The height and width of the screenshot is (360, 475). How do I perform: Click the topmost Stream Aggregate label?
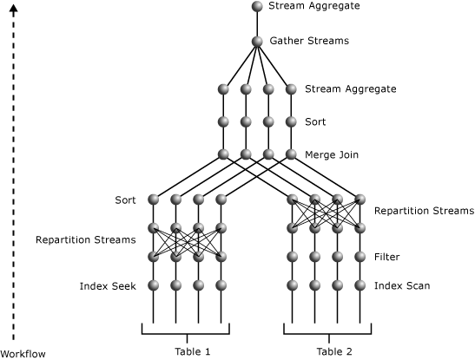pos(313,6)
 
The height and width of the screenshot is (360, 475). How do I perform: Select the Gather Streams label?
pos(309,41)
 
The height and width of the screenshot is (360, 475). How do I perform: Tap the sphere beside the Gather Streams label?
pos(257,41)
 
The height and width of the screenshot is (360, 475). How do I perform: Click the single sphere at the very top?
pos(257,6)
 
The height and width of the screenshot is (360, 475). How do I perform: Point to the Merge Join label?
pos(332,155)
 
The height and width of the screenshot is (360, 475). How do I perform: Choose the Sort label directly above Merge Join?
pos(315,122)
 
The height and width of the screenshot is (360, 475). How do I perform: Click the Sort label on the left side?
pos(125,200)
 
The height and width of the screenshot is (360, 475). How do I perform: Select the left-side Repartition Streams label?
pos(85,239)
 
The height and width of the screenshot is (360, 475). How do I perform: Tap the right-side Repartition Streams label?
pos(424,211)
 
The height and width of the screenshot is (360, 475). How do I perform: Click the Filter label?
pos(386,258)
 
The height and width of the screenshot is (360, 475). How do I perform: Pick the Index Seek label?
pos(107,285)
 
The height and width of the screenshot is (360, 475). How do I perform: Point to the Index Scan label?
pos(401,285)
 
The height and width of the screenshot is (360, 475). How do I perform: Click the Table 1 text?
pos(192,351)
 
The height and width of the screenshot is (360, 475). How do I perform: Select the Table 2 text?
pos(334,351)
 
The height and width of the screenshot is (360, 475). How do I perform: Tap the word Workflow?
pos(23,353)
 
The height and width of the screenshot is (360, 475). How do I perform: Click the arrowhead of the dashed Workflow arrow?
pos(13,8)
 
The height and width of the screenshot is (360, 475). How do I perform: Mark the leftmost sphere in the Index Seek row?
pos(154,285)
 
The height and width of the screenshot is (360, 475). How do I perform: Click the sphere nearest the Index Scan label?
pos(360,285)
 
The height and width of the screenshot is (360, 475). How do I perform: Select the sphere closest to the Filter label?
pos(360,257)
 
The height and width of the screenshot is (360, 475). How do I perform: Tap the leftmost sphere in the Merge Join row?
pos(223,154)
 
